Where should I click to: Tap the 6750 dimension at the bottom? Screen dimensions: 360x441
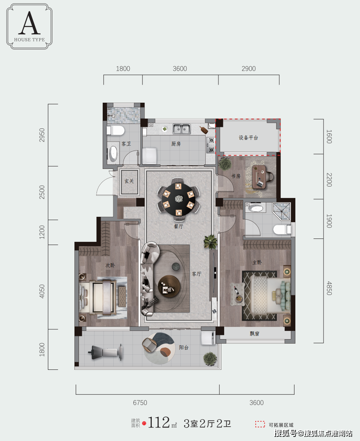[x=140, y=403]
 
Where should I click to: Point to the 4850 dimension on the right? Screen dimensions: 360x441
[x=329, y=288]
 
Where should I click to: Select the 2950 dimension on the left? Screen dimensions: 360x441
[x=42, y=135]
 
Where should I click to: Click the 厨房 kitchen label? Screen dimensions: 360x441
[x=176, y=144]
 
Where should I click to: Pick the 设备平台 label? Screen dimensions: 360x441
[x=248, y=137]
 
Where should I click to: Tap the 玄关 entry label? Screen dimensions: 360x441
[x=129, y=181]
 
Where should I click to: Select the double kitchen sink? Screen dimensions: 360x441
[x=181, y=128]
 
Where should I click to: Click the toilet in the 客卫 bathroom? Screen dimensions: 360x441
[x=116, y=131]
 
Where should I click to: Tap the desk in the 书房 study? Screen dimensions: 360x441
[x=259, y=177]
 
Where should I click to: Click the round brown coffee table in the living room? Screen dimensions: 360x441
[x=169, y=286]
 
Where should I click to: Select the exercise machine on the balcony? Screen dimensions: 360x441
[x=106, y=352]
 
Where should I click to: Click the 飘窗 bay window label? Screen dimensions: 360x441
[x=254, y=333]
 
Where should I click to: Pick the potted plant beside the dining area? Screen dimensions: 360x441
[x=211, y=242]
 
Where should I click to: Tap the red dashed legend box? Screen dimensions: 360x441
[x=260, y=424]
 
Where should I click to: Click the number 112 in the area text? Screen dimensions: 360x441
[x=159, y=423]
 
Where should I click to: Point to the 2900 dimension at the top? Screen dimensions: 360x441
[x=249, y=69]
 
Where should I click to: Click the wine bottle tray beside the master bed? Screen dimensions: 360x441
[x=238, y=294]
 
